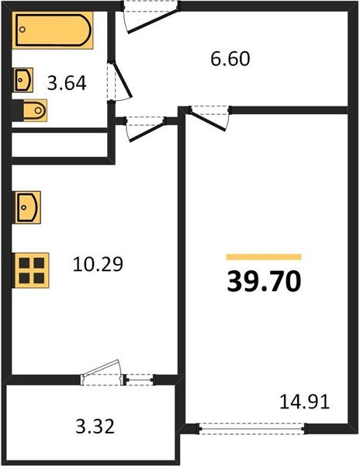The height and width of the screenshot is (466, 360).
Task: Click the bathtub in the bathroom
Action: pos(52,30)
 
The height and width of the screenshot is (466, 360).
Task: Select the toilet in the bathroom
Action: pos(33,111)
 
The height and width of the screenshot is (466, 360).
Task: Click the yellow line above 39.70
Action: pos(264,256)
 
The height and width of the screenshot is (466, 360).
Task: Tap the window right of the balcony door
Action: pos(140,379)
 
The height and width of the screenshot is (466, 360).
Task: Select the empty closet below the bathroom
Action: pos(59,144)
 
